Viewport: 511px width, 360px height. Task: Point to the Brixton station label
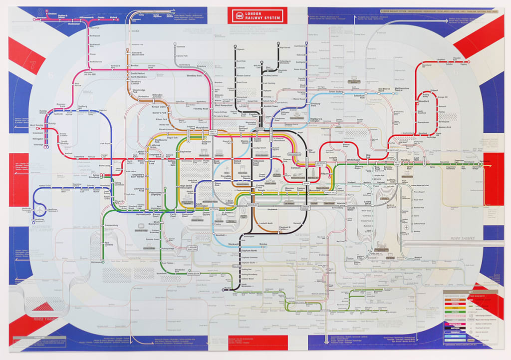pyautogui.click(x=263, y=244)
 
